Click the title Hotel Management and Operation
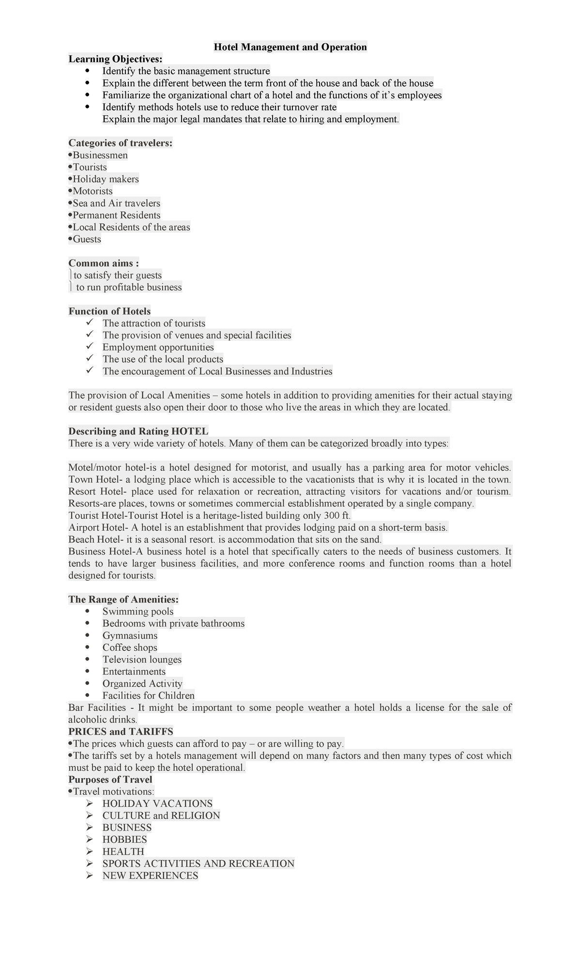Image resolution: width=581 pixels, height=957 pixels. (290, 47)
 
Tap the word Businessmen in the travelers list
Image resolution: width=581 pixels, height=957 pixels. (100, 155)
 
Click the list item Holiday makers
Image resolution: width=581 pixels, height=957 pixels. (106, 179)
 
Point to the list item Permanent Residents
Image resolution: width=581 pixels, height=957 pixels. (116, 215)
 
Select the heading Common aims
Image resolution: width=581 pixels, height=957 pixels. (104, 263)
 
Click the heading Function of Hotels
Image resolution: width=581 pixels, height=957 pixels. (109, 311)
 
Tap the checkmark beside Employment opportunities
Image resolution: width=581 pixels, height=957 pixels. (89, 347)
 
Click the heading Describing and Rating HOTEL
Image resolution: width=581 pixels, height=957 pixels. (138, 431)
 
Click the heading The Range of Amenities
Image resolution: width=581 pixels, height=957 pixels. (123, 599)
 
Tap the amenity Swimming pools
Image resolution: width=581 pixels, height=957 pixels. (138, 611)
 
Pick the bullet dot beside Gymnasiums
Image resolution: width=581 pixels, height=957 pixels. (88, 635)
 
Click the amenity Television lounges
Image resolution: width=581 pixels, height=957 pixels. (142, 659)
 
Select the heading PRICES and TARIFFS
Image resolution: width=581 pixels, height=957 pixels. (121, 731)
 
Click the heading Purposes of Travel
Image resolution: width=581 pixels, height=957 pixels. (110, 779)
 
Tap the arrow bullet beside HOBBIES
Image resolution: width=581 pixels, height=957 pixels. (89, 839)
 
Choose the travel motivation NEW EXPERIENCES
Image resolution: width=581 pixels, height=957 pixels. (150, 875)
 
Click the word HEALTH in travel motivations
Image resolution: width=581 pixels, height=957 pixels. (123, 851)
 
